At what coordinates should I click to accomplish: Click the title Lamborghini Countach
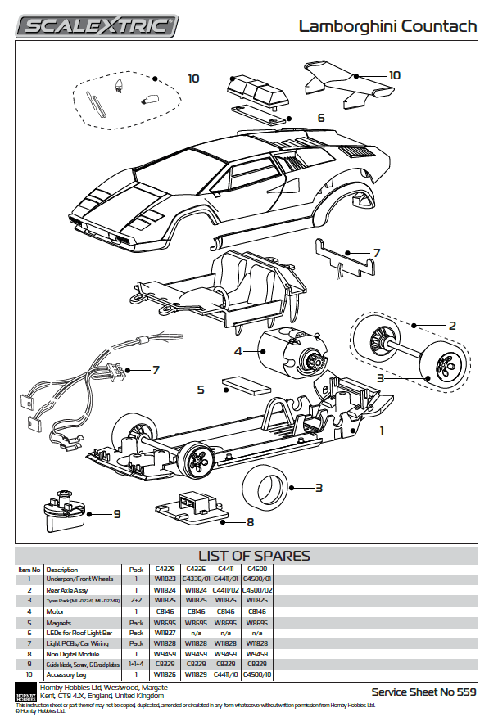[x=387, y=26]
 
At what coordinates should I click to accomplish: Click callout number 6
[x=320, y=118]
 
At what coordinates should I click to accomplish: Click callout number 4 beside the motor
[x=238, y=351]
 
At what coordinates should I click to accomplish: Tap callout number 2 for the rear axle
[x=451, y=325]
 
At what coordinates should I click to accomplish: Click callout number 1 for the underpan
[x=382, y=428]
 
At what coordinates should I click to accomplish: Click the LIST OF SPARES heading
[x=254, y=556]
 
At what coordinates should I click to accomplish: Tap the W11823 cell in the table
[x=165, y=579]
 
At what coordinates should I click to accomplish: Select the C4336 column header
[x=195, y=568]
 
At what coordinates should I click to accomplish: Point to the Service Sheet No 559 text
[x=423, y=692]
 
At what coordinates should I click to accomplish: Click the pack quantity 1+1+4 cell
[x=136, y=664]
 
